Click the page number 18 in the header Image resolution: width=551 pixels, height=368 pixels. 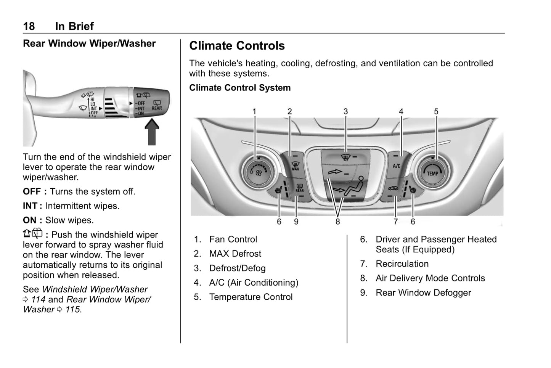tap(29, 26)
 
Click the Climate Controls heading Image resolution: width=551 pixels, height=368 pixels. tap(237, 46)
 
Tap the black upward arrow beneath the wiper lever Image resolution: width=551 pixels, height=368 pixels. tap(152, 132)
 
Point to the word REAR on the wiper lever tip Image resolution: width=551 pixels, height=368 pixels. tap(157, 108)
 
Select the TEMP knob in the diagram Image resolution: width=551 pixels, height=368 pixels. tap(432, 172)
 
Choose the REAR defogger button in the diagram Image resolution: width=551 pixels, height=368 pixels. tap(300, 188)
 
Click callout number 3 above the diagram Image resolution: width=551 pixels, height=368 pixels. tap(345, 111)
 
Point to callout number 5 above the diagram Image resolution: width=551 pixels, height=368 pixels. tap(436, 111)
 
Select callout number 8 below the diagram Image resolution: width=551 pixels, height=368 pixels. tap(337, 222)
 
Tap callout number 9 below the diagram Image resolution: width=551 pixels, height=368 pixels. tap(296, 222)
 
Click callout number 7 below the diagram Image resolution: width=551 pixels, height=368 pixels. tap(395, 222)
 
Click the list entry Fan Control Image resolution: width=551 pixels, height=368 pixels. tap(233, 239)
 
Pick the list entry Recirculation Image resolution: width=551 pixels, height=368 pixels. tap(402, 264)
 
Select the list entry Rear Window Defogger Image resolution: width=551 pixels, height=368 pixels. tap(423, 293)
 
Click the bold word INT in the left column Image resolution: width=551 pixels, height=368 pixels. tap(30, 206)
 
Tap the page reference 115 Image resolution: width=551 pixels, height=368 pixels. tap(73, 310)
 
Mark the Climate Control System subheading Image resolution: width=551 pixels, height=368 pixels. tap(240, 88)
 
